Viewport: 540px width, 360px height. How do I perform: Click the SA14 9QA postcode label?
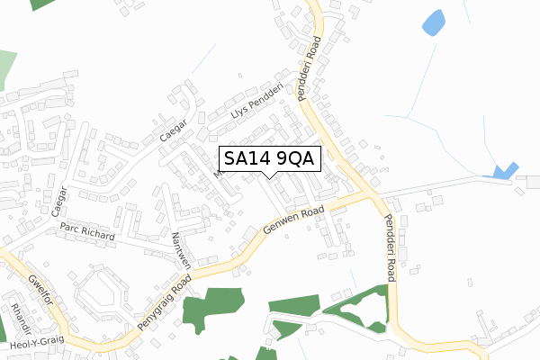(268, 158)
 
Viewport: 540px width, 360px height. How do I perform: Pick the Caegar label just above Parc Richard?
(62, 207)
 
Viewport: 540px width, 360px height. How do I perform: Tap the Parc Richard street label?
(88, 233)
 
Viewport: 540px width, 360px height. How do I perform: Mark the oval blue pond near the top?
(433, 22)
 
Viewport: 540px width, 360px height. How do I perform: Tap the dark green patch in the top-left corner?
(41, 4)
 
